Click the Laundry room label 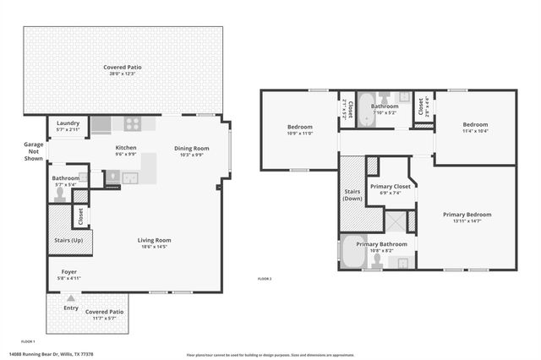tap(68, 123)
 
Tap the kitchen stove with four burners tap(133, 124)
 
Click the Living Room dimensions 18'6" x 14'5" tap(155, 247)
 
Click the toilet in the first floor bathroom tap(59, 193)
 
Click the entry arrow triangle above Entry tap(71, 297)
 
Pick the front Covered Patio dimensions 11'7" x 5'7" tap(105, 318)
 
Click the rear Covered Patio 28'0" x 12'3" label tap(123, 74)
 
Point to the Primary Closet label tap(390, 186)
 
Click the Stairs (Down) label tap(353, 196)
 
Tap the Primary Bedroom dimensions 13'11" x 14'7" tap(467, 221)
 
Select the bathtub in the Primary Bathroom tap(350, 251)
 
